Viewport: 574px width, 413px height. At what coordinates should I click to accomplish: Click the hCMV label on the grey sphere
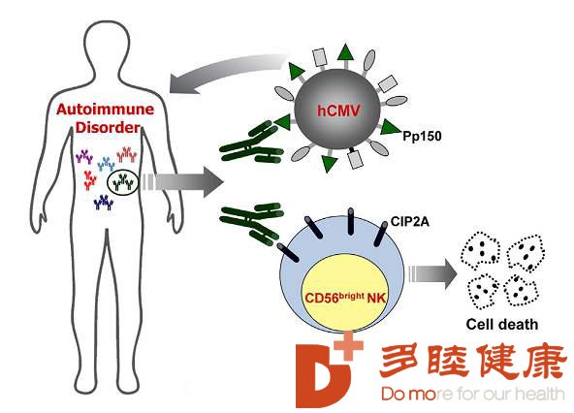(x=338, y=111)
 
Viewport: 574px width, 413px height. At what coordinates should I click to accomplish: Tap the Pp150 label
(x=422, y=136)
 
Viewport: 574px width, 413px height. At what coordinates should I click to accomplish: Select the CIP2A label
(x=409, y=221)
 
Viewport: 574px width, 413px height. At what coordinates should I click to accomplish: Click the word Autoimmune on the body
(x=105, y=110)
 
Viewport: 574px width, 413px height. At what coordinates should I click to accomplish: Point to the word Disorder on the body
(x=108, y=127)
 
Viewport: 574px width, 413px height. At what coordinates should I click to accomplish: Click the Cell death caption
(x=502, y=325)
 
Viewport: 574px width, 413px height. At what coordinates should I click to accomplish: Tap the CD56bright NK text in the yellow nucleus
(x=345, y=298)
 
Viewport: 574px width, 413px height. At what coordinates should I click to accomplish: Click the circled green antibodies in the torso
(x=123, y=182)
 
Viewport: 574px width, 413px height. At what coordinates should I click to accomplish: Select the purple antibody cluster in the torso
(x=84, y=156)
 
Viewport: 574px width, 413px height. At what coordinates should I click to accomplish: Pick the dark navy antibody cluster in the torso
(x=104, y=202)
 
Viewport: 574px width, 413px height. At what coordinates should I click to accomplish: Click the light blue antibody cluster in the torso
(x=106, y=164)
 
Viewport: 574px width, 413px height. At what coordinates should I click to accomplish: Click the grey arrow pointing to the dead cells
(x=432, y=273)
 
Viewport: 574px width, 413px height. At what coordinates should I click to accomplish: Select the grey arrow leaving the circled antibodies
(x=183, y=182)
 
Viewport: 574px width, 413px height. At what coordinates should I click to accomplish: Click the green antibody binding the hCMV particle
(x=252, y=143)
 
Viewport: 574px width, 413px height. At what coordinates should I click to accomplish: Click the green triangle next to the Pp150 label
(x=390, y=127)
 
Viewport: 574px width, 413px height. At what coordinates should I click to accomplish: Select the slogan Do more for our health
(x=472, y=394)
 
